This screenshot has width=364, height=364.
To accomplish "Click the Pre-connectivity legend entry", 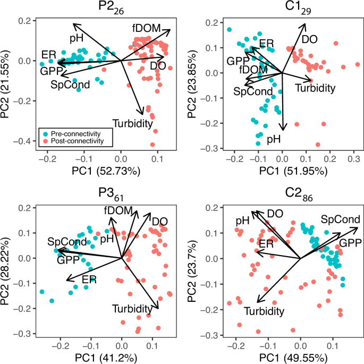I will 71,133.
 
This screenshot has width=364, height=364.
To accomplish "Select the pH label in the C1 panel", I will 274,140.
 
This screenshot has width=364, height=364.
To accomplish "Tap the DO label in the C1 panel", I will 309,39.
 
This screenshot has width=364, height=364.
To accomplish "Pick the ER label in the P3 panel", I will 90,279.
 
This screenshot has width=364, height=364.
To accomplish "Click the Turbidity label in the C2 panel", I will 264,311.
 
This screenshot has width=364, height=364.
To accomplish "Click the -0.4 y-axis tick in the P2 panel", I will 25,141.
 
